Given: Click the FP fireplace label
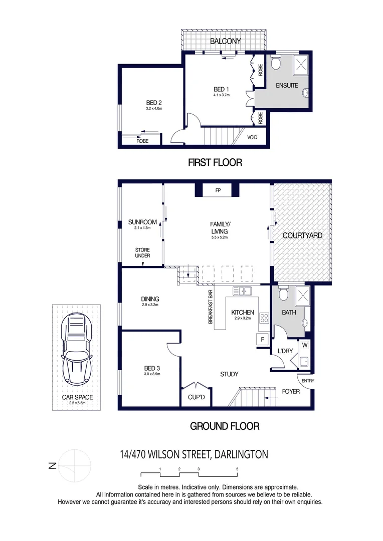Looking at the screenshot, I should (x=218, y=191).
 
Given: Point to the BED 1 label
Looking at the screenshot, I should (x=221, y=90).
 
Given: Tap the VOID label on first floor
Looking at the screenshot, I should (x=252, y=136).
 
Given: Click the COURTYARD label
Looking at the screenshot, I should (x=302, y=235).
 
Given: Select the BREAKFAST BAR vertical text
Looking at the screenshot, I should (x=211, y=307).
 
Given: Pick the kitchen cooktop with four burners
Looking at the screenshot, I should (x=264, y=318).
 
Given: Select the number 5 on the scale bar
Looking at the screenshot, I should (x=237, y=469).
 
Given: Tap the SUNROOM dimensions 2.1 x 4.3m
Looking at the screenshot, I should (x=142, y=228).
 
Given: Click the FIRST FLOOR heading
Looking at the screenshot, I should (x=215, y=162).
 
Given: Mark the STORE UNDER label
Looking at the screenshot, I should (x=142, y=253).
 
